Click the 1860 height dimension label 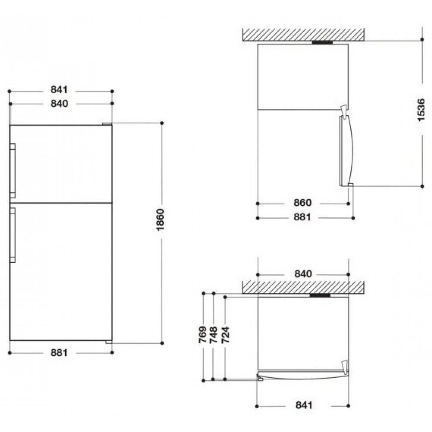click(160, 219)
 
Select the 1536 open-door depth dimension click(421, 110)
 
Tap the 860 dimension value click(302, 203)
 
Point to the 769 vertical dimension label click(203, 335)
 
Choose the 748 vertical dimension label click(213, 335)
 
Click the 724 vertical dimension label click(226, 335)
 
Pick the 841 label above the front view click(59, 89)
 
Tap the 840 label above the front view click(59, 103)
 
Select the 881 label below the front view click(59, 353)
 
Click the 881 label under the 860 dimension click(302, 217)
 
